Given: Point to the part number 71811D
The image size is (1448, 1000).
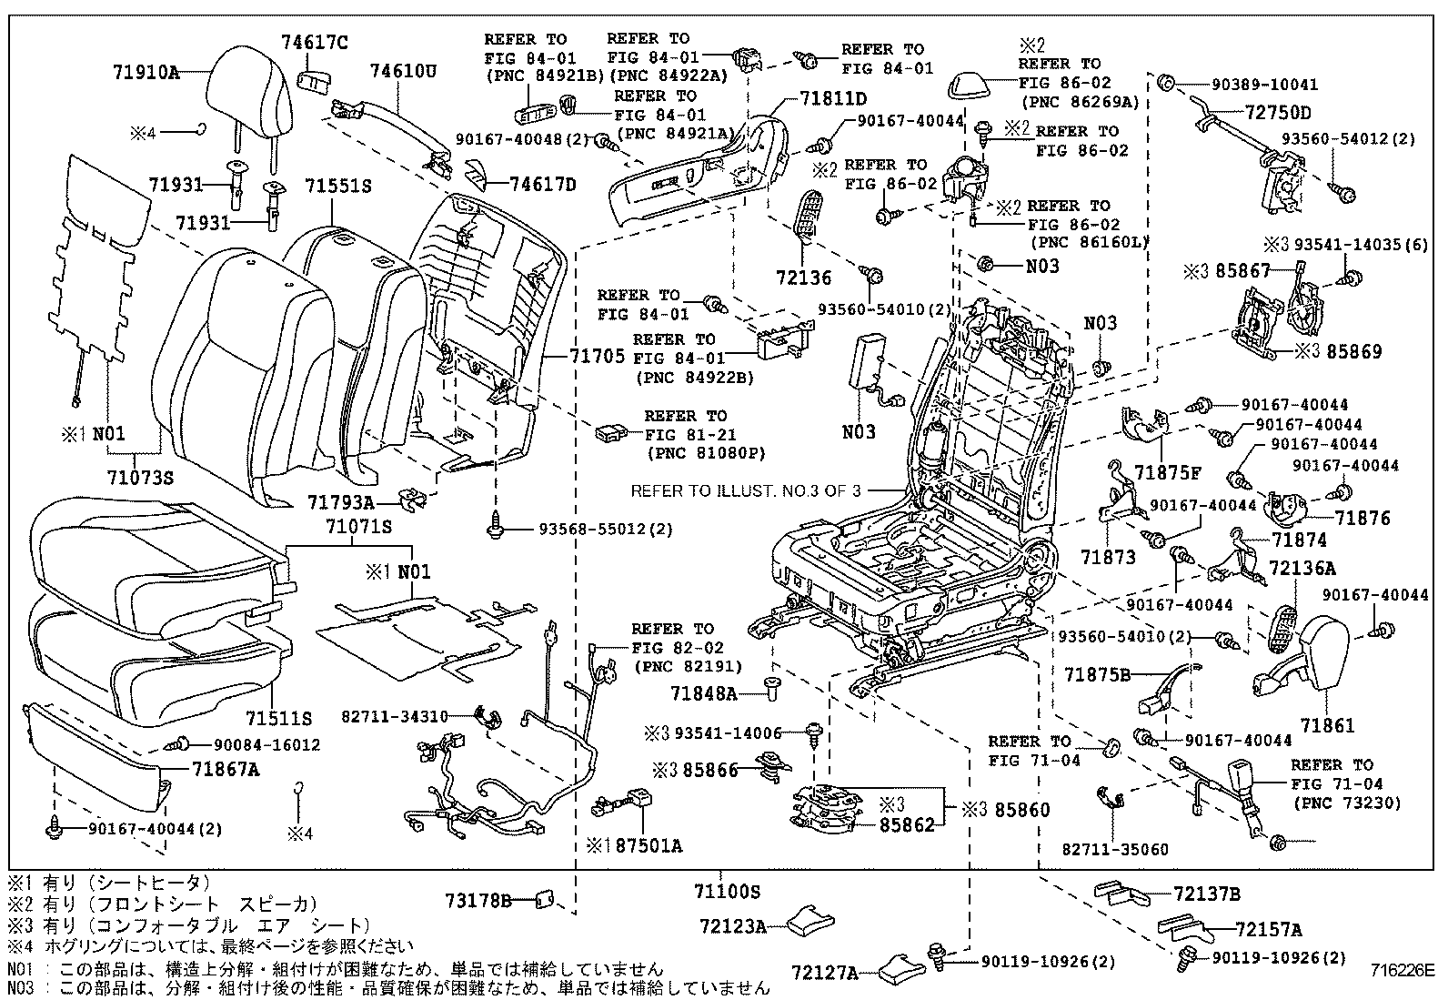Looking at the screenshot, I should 833,98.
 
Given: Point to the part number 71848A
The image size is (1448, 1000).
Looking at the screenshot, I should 703,693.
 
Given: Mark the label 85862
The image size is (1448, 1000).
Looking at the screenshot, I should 906,826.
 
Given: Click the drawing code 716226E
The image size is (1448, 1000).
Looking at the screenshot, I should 1403,970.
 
